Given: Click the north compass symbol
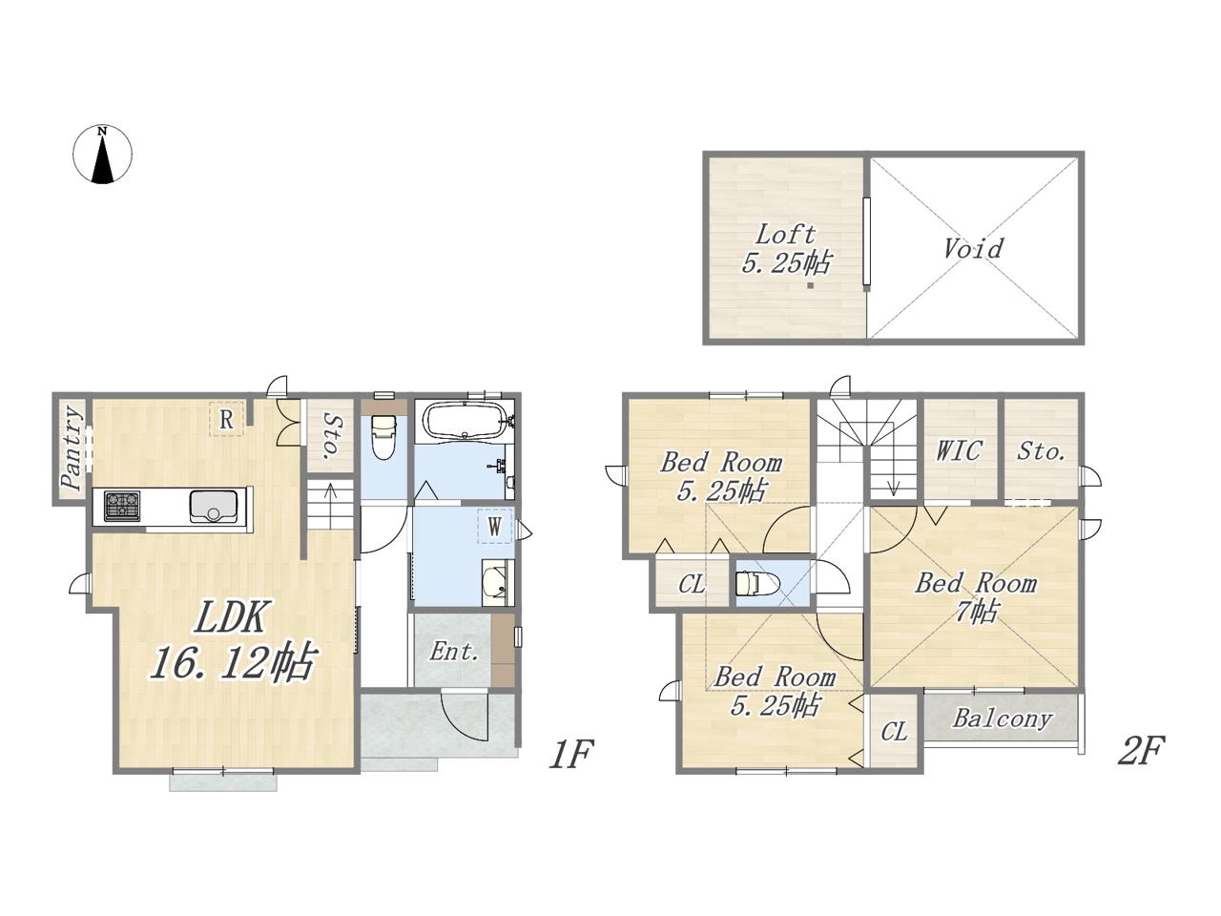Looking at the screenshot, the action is click(x=102, y=154).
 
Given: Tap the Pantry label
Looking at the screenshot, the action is click(x=72, y=448).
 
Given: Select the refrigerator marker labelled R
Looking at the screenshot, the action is click(x=226, y=420).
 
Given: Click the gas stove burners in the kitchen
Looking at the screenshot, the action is click(x=122, y=505).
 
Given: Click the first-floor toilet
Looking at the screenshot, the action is click(x=383, y=436).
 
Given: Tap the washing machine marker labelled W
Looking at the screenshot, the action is click(x=494, y=526).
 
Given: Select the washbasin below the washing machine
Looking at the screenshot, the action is click(x=496, y=583).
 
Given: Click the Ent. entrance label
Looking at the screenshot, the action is click(x=454, y=652).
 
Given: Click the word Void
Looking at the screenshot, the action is click(x=974, y=248).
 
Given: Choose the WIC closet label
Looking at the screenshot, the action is click(x=959, y=450).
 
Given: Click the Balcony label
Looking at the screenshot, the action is click(x=1003, y=718).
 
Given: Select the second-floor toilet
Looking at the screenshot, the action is click(x=758, y=583).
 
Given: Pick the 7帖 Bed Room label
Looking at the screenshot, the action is click(x=976, y=597).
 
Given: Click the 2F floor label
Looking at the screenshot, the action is click(x=1142, y=752).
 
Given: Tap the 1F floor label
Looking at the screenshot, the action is click(x=572, y=754).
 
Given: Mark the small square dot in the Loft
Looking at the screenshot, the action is click(x=811, y=286).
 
